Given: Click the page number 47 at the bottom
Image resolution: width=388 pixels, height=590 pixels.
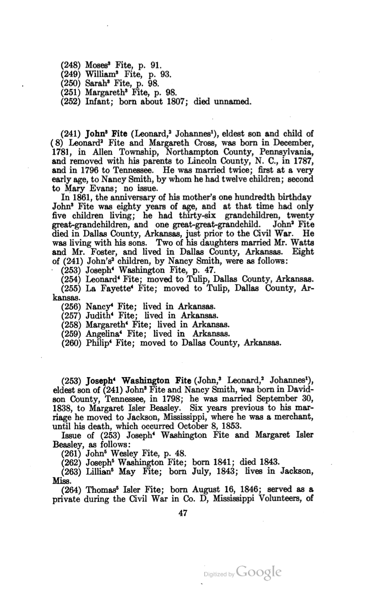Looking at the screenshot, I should (183, 514).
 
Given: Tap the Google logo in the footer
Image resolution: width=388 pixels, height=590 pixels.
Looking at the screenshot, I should (258, 572).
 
